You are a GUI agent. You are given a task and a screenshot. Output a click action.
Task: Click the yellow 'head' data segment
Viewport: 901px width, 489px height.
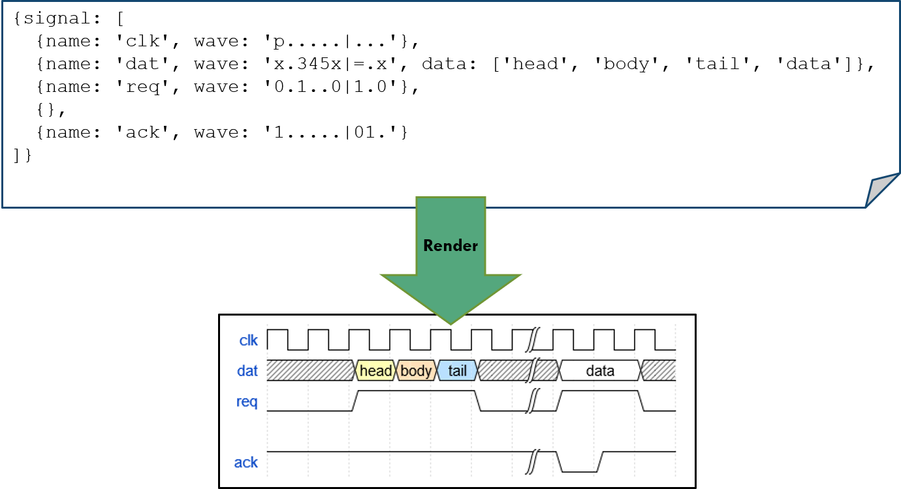pos(375,371)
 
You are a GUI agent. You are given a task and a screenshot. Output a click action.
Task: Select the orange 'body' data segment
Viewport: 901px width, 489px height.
pos(416,371)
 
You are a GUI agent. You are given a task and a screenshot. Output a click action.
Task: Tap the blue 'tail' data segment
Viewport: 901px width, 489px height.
pos(457,371)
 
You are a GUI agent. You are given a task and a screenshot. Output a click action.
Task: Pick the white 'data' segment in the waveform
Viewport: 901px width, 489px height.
pos(599,371)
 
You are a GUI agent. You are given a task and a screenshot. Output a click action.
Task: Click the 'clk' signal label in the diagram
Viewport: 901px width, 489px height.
pos(249,340)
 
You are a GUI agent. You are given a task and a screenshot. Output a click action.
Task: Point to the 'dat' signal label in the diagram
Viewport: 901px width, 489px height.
pos(247,371)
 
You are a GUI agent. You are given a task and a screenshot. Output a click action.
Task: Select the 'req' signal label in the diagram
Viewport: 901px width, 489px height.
pos(247,402)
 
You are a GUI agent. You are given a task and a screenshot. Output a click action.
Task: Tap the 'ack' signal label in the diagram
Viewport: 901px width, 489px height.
pos(246,462)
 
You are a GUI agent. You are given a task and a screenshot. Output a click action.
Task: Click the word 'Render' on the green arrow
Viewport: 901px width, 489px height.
pos(450,246)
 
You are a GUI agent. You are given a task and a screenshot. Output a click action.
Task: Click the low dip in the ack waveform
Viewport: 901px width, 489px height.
pos(580,469)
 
